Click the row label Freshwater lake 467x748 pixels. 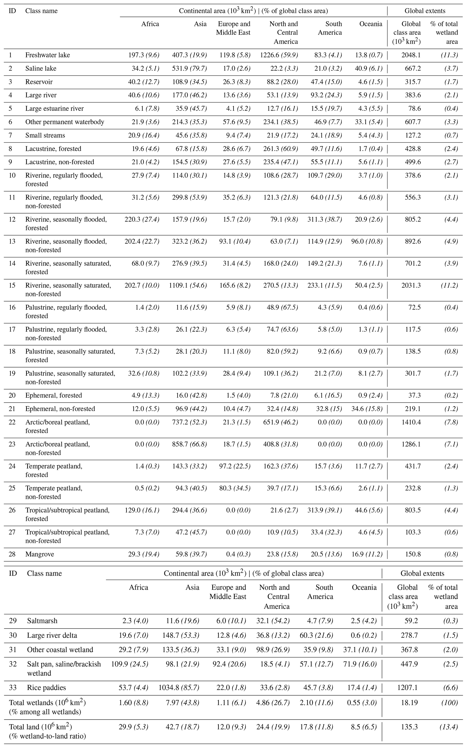[48, 55]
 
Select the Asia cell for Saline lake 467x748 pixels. [189, 68]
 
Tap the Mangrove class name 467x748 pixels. [40, 554]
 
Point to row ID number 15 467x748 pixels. [12, 285]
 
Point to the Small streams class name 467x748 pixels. [45, 135]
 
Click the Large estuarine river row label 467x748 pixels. [54, 109]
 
